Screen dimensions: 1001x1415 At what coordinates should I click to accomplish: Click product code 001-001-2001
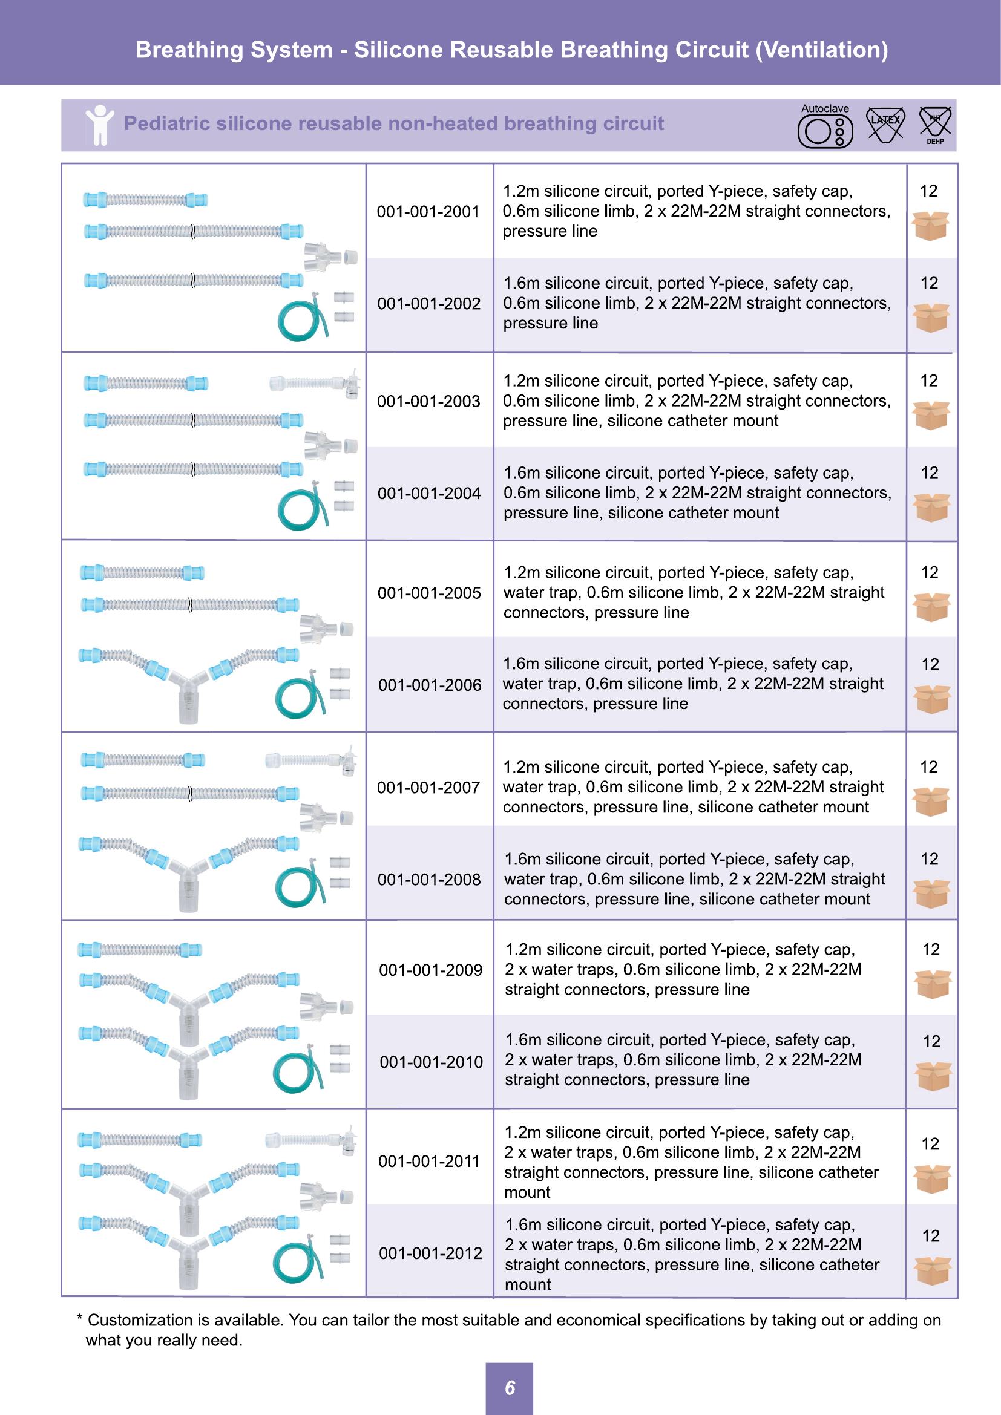428,211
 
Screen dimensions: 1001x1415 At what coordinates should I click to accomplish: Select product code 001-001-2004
429,493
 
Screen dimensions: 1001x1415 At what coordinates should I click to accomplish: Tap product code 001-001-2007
428,787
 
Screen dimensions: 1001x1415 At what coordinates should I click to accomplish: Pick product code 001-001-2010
431,1062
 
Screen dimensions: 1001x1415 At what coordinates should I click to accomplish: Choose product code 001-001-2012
430,1253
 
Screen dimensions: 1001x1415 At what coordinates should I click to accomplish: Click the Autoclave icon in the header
825,126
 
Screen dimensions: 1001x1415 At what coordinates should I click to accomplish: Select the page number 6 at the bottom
510,1388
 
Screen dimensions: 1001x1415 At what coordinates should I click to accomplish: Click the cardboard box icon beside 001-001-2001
930,226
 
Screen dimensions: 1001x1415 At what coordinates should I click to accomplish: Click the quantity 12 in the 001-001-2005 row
929,572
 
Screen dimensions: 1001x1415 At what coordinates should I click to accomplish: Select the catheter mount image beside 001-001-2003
315,384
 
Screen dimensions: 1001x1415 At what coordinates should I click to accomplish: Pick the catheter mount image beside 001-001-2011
311,1141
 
